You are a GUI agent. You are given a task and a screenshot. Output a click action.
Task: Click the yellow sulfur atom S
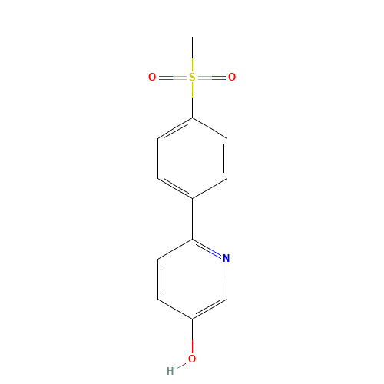[192, 77]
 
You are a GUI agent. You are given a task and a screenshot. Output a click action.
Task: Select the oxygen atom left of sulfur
[152, 77]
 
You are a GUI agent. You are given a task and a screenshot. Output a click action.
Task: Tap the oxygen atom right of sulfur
[232, 77]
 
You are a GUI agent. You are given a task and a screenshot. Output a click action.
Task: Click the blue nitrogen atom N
[227, 258]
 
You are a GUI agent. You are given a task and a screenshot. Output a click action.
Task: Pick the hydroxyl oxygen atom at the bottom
[192, 359]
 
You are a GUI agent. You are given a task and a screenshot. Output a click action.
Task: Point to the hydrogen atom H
[170, 371]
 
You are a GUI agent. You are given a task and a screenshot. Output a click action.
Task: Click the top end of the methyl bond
[193, 37]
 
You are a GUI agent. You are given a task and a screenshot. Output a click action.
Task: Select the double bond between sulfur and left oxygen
[173, 78]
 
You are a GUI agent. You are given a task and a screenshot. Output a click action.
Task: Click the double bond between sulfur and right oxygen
[211, 78]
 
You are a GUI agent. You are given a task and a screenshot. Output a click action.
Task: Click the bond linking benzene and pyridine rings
[193, 219]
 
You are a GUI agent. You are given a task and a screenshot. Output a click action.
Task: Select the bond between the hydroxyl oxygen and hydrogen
[181, 366]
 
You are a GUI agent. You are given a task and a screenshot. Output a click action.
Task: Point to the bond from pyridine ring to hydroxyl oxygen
[193, 336]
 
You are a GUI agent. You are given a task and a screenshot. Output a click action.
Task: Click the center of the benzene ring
[193, 158]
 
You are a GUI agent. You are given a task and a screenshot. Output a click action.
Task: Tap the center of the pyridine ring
[193, 280]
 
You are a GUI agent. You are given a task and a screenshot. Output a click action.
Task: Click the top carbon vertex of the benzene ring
[193, 118]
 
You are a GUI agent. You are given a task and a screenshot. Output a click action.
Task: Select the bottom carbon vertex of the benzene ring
[193, 198]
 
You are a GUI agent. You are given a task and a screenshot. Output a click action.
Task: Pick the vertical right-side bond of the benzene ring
[227, 158]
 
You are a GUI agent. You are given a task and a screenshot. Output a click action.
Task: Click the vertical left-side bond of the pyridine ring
[158, 279]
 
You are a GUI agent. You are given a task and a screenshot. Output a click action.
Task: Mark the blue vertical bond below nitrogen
[227, 271]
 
